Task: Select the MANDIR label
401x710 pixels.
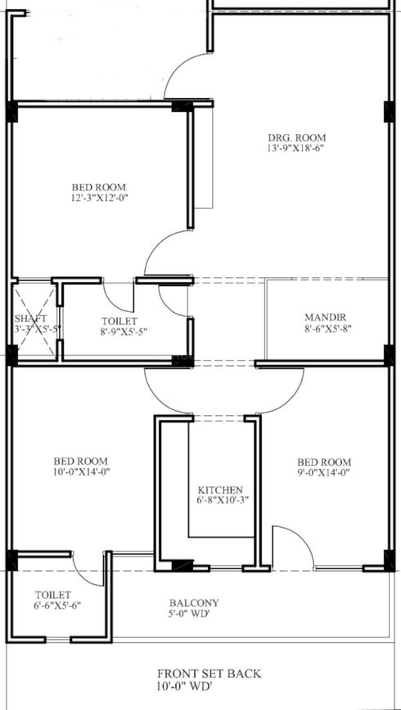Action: pos(326,317)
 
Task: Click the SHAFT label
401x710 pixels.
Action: pos(30,318)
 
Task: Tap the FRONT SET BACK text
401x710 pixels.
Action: pos(209,673)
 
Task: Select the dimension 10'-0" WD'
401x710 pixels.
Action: pos(209,688)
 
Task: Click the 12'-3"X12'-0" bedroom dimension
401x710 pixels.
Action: pos(100,198)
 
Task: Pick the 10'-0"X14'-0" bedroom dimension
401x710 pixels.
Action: pos(80,472)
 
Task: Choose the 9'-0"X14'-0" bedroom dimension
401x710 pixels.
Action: pos(326,472)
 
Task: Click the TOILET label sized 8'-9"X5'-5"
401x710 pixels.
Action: pos(119,322)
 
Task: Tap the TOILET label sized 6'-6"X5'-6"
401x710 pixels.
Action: pos(53,595)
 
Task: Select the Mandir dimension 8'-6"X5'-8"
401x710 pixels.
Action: pos(326,329)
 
